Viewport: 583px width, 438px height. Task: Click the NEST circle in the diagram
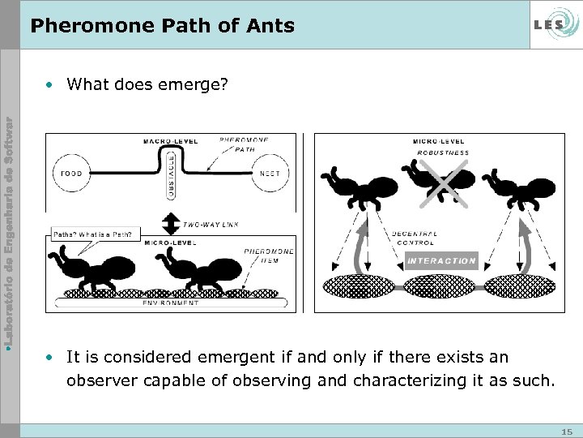tap(271, 174)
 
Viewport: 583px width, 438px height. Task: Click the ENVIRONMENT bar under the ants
tap(172, 303)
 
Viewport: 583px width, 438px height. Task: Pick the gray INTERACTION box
tap(441, 260)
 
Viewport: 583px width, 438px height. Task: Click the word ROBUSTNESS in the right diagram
tap(443, 152)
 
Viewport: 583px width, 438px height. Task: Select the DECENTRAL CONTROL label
tap(415, 238)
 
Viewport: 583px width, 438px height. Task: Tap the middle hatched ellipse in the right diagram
tap(441, 286)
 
